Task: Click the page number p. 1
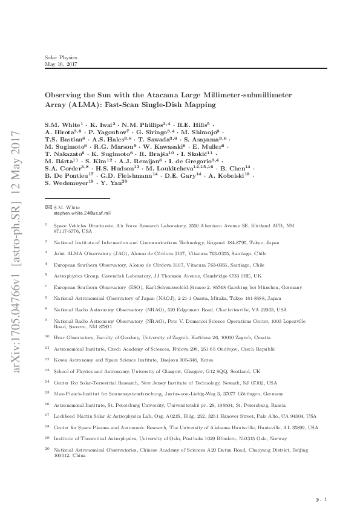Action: (x=321, y=499)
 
